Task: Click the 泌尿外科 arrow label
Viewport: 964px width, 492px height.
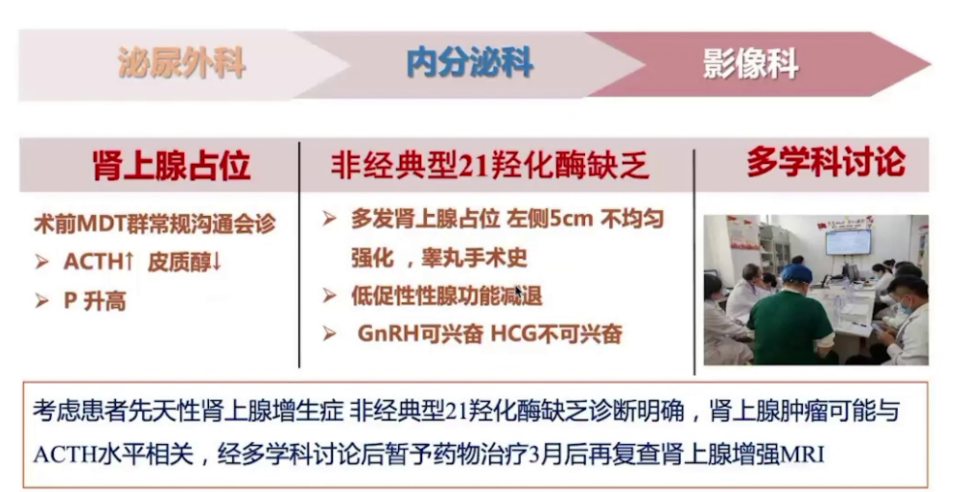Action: pyautogui.click(x=181, y=63)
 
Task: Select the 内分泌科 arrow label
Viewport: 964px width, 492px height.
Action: pyautogui.click(x=469, y=63)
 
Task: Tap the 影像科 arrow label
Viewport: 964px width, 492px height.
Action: pyautogui.click(x=750, y=63)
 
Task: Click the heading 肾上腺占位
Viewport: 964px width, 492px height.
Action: pyautogui.click(x=172, y=166)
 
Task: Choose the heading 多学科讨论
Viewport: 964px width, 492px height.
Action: pyautogui.click(x=825, y=162)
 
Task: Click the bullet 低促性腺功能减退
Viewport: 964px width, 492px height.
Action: pyautogui.click(x=446, y=295)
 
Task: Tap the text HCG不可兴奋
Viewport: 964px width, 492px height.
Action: pyautogui.click(x=556, y=334)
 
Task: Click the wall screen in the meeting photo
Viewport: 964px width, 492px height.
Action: pyautogui.click(x=848, y=241)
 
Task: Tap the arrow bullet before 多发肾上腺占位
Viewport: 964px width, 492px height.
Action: pyautogui.click(x=330, y=220)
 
